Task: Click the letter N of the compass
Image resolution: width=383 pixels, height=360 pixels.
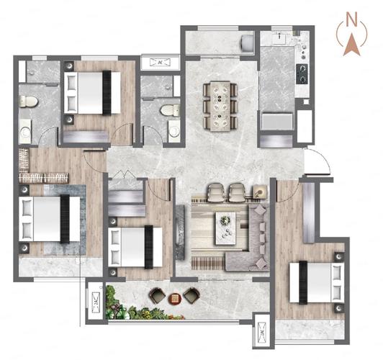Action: [352, 19]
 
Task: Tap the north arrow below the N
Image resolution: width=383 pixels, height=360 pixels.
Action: [351, 45]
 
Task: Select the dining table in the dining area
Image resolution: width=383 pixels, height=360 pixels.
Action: [220, 106]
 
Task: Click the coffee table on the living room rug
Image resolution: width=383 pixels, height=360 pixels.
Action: [225, 228]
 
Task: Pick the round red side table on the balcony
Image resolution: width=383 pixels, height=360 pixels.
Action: [174, 299]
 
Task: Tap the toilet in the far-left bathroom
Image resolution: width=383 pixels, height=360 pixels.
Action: [28, 101]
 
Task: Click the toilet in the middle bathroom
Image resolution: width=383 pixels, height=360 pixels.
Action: [170, 110]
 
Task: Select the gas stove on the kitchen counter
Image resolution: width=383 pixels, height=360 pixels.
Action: [302, 73]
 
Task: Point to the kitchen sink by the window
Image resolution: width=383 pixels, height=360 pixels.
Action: [279, 39]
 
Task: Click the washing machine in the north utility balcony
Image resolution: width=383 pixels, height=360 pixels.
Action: [247, 43]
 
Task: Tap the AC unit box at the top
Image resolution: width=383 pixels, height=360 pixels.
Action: [161, 62]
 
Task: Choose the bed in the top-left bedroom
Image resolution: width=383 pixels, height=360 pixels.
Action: [92, 93]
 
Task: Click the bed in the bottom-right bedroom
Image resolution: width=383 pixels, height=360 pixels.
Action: [317, 283]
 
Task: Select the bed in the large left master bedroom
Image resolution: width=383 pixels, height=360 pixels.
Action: [50, 219]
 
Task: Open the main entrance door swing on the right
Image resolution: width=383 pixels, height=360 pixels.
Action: [317, 162]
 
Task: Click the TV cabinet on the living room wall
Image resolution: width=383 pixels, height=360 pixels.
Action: [179, 233]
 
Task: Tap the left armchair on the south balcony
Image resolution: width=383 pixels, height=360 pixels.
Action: [157, 295]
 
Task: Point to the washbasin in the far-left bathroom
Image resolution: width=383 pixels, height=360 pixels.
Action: [25, 132]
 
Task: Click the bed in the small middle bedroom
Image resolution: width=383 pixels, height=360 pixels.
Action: [135, 247]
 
